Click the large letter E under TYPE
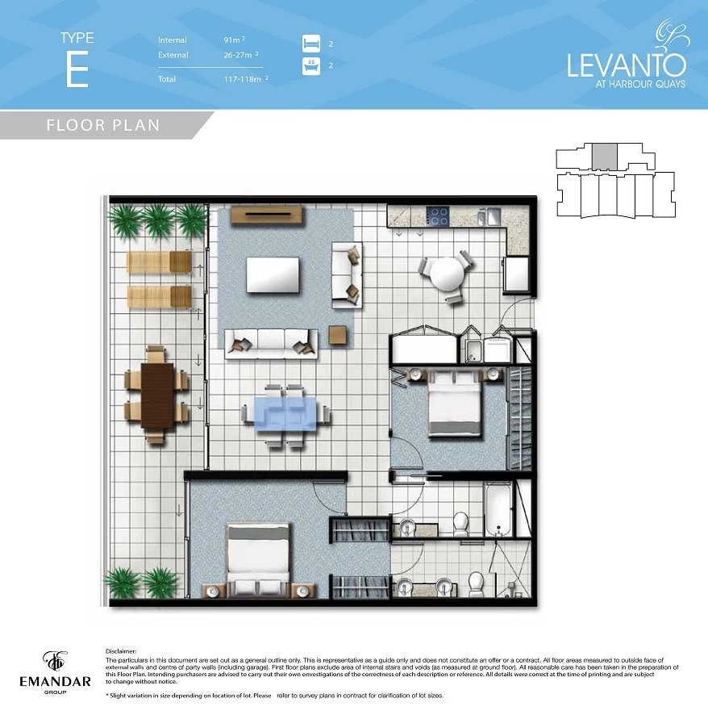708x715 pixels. (x=77, y=69)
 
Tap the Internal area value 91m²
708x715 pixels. (x=234, y=40)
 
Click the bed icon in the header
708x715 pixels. (x=311, y=44)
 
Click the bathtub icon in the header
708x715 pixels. (x=311, y=65)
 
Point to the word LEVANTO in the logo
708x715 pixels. (x=627, y=65)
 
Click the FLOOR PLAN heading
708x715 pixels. (x=103, y=125)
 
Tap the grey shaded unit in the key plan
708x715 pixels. (x=605, y=157)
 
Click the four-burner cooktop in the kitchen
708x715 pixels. (x=438, y=215)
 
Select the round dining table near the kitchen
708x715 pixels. (x=447, y=274)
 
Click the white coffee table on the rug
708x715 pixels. (x=273, y=274)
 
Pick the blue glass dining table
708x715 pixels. (x=285, y=413)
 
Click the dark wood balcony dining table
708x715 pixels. (x=157, y=395)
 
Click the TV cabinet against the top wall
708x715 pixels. (x=267, y=215)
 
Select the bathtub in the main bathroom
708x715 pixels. (x=498, y=508)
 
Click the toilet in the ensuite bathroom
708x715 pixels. (x=476, y=583)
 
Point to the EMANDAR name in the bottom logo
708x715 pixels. (x=55, y=682)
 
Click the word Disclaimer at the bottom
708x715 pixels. (x=121, y=651)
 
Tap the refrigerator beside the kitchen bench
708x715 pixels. (x=516, y=274)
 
